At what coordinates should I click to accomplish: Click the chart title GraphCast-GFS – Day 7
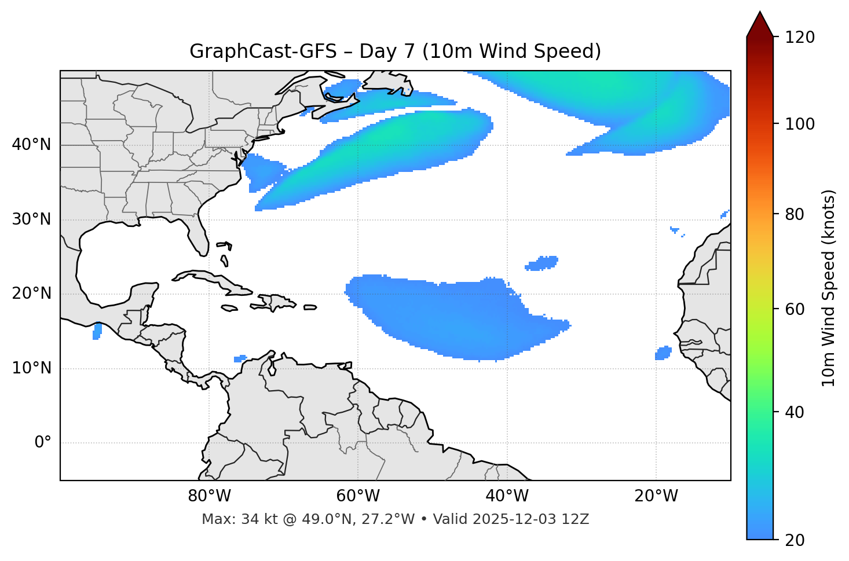pyautogui.click(x=395, y=52)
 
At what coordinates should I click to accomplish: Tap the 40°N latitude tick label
pyautogui.click(x=31, y=145)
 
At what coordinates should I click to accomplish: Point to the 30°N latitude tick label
pyautogui.click(x=31, y=219)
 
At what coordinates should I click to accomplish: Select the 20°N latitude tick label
pyautogui.click(x=31, y=294)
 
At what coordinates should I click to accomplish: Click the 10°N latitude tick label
pyautogui.click(x=31, y=368)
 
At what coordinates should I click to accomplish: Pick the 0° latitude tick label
pyautogui.click(x=43, y=443)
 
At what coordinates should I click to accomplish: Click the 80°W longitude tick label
pyautogui.click(x=209, y=496)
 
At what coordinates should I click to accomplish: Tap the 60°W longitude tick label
pyautogui.click(x=358, y=496)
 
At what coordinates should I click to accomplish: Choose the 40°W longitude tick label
pyautogui.click(x=507, y=496)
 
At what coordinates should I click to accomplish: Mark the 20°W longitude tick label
pyautogui.click(x=656, y=496)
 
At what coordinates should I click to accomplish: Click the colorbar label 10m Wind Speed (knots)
pyautogui.click(x=829, y=288)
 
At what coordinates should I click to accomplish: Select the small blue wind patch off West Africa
pyautogui.click(x=663, y=353)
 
